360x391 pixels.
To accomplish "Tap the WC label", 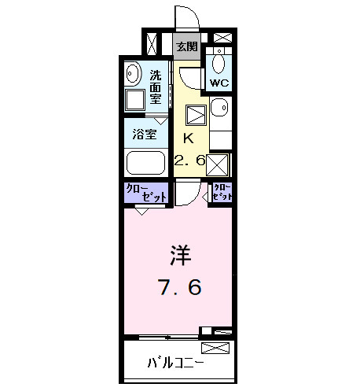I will pyautogui.click(x=219, y=81).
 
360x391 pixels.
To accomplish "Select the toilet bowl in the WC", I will pyautogui.click(x=219, y=63).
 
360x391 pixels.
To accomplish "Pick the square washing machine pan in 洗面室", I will pyautogui.click(x=134, y=98).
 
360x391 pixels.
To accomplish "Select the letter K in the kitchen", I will pyautogui.click(x=187, y=139).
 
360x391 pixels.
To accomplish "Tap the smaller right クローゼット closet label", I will pyautogui.click(x=223, y=192).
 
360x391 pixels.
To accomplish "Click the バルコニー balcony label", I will pyautogui.click(x=176, y=363).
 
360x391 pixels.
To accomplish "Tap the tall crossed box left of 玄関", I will pyautogui.click(x=153, y=42).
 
